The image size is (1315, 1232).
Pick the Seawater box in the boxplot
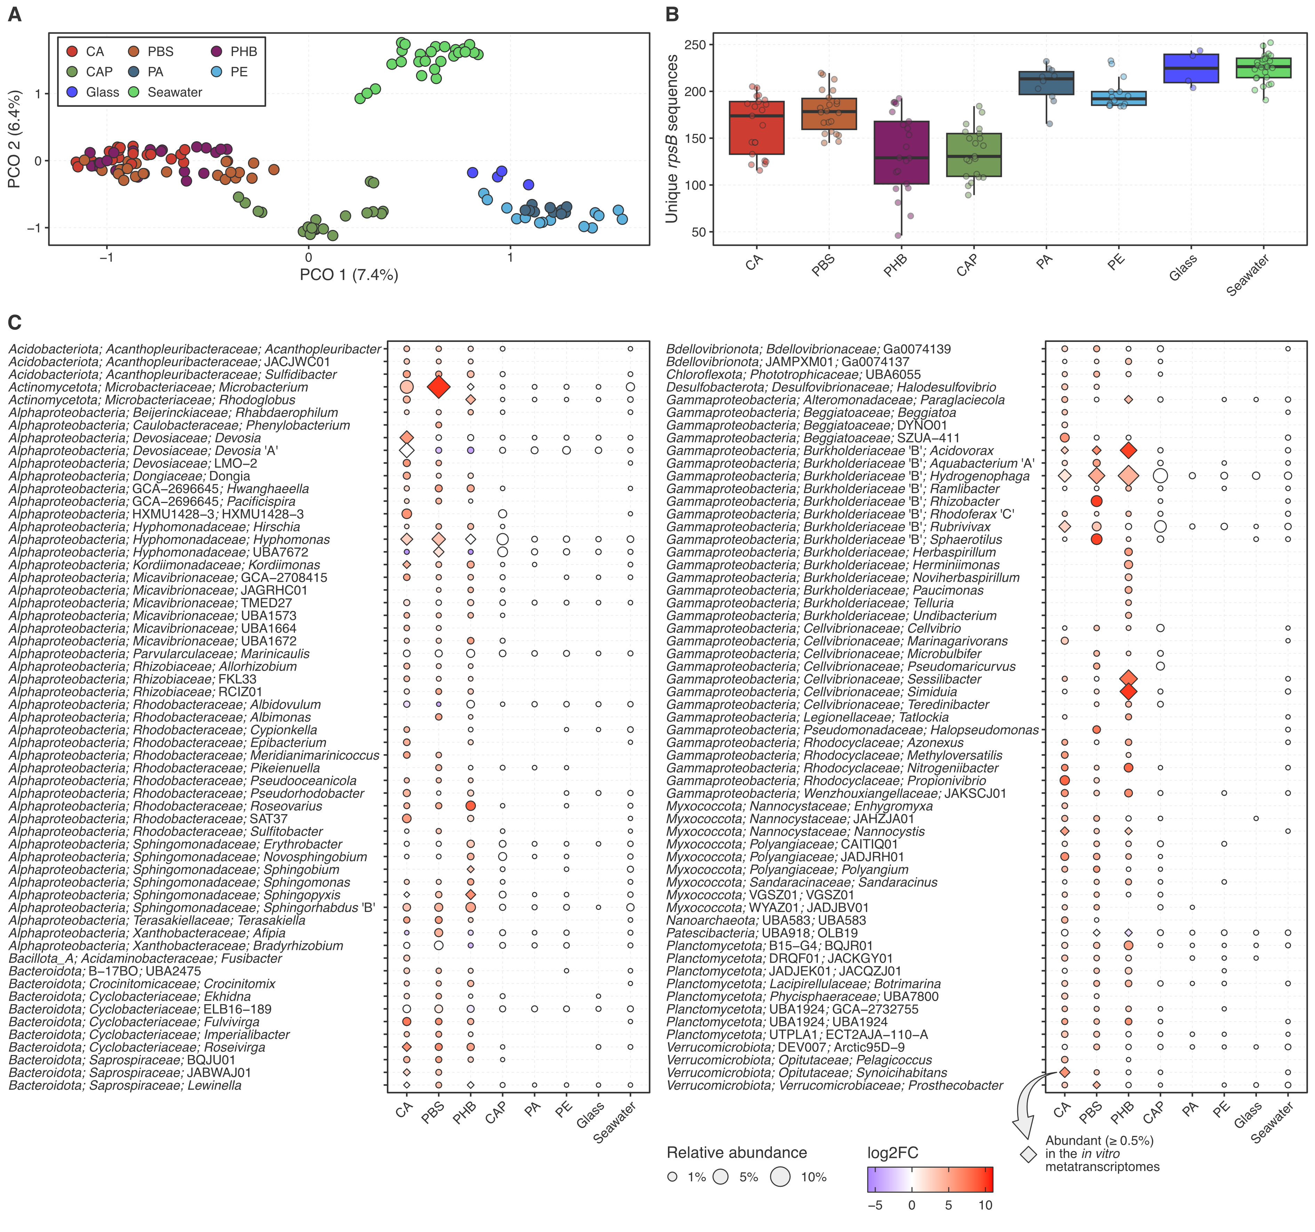[1264, 67]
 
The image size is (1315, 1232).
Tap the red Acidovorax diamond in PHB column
[1129, 450]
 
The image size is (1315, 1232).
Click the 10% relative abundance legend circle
[781, 1177]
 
